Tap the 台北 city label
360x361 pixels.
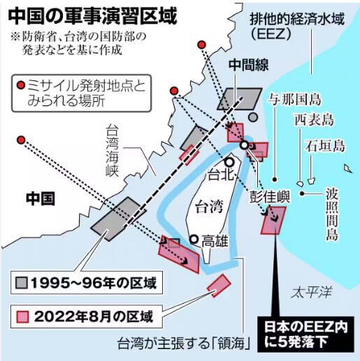point(218,174)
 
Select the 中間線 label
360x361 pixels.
point(248,64)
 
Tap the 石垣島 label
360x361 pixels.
point(326,146)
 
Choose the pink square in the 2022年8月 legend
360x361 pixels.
point(23,314)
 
